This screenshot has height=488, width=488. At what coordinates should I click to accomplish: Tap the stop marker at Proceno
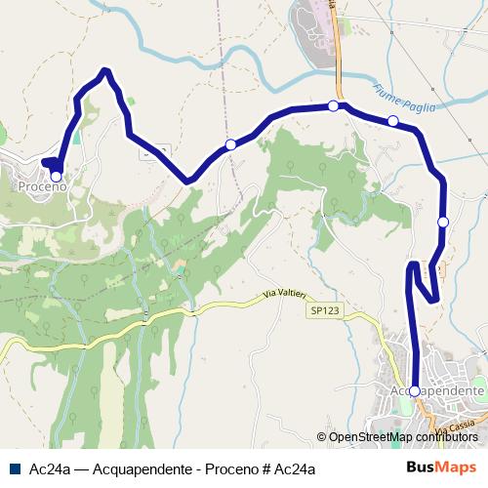pos(56,177)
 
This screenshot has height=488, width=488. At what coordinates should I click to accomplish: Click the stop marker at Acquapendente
pos(415,390)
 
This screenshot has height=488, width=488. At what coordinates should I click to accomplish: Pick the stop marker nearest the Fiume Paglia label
pos(392,121)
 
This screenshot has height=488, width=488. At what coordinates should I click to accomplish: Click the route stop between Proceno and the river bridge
pos(231,144)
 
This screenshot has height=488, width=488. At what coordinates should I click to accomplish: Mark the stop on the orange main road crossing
pos(334,105)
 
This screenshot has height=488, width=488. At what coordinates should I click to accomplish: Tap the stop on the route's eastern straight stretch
pos(443,222)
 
